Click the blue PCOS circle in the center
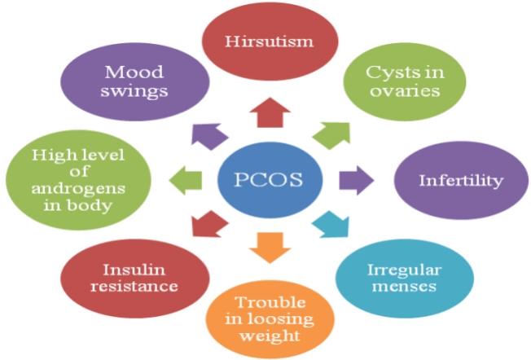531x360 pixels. click(x=269, y=178)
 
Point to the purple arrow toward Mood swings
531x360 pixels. click(x=210, y=133)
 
